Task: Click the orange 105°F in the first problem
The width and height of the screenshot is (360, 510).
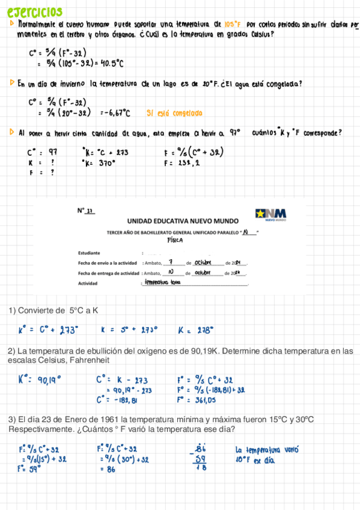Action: pyautogui.click(x=232, y=25)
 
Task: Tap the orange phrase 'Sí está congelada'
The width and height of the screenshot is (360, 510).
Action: pyautogui.click(x=174, y=112)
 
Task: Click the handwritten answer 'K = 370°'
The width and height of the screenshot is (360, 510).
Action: pyautogui.click(x=99, y=162)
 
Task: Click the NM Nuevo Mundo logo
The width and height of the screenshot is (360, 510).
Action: pyautogui.click(x=270, y=215)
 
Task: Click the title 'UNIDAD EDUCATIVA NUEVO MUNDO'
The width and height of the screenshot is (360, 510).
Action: pyautogui.click(x=183, y=221)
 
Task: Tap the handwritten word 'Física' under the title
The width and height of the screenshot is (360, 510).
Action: pyautogui.click(x=175, y=239)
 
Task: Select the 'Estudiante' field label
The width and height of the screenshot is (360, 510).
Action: pyautogui.click(x=90, y=253)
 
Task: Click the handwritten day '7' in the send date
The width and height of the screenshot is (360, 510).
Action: pyautogui.click(x=171, y=262)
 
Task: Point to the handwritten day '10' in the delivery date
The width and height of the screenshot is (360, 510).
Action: pyautogui.click(x=171, y=272)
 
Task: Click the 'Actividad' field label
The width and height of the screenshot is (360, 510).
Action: pyautogui.click(x=88, y=283)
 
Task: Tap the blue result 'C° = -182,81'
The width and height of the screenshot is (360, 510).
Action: pyautogui.click(x=117, y=400)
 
